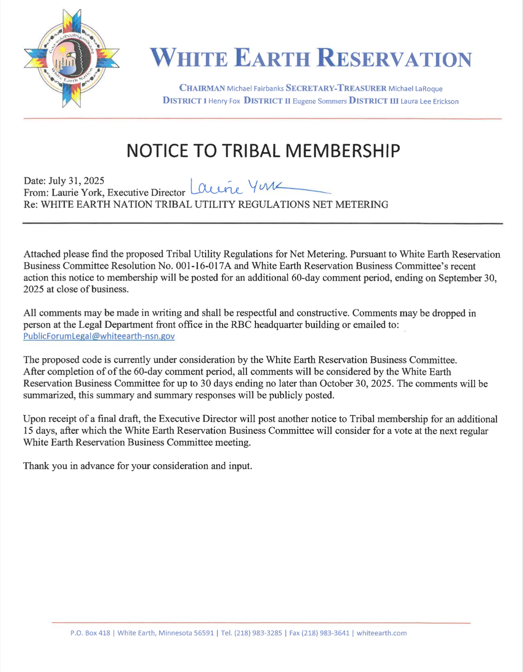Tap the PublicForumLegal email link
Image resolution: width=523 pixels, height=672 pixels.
coord(99,336)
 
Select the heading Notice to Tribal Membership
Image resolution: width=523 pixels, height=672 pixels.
coord(263,151)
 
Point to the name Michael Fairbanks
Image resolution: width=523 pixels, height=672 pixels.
coord(255,89)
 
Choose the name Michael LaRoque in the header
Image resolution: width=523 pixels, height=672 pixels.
coord(415,89)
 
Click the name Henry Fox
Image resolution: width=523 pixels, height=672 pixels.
coord(224,101)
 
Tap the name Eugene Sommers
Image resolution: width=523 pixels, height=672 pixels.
coord(320,101)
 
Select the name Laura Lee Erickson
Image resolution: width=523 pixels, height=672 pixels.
coord(430,101)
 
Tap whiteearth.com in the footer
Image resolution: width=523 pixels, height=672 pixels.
coord(382,633)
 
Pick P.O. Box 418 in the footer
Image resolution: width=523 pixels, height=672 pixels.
coord(90,633)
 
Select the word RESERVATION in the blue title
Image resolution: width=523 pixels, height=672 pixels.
coord(394,59)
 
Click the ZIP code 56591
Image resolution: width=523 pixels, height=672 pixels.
coord(204,633)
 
